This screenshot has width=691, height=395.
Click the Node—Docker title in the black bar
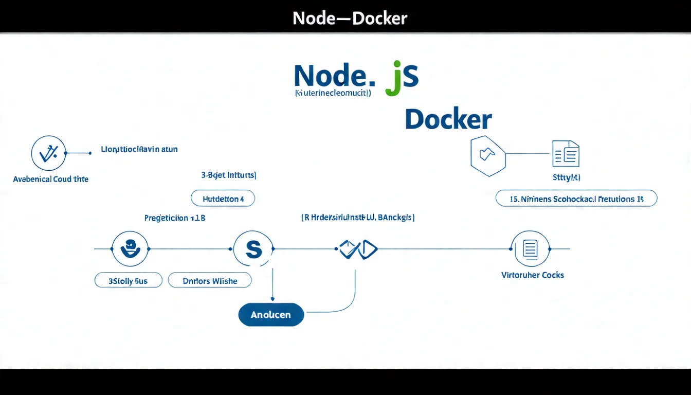click(x=350, y=19)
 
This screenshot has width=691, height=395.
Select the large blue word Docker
click(x=448, y=119)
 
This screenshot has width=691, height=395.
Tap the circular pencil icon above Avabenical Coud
click(x=48, y=153)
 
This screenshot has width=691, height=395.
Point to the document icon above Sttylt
click(x=566, y=153)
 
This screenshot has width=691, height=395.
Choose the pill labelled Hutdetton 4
click(x=223, y=199)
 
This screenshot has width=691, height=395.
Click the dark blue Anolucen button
click(x=271, y=315)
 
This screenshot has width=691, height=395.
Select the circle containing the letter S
click(x=253, y=249)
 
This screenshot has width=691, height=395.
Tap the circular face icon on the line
click(x=130, y=249)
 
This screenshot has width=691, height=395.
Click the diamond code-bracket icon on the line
click(x=358, y=249)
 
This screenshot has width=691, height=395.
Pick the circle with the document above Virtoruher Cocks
click(x=530, y=249)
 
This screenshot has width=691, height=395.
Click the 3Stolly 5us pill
click(x=129, y=281)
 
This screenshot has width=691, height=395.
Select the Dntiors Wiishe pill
click(x=210, y=281)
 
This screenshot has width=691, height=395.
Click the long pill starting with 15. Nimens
click(x=576, y=199)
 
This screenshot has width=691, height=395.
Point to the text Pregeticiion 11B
click(x=175, y=218)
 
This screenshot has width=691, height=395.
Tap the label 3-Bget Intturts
click(x=229, y=175)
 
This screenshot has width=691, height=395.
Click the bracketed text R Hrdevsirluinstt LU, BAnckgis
click(x=358, y=218)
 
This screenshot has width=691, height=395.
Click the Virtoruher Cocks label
click(x=533, y=275)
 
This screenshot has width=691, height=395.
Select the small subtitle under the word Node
click(x=333, y=94)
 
